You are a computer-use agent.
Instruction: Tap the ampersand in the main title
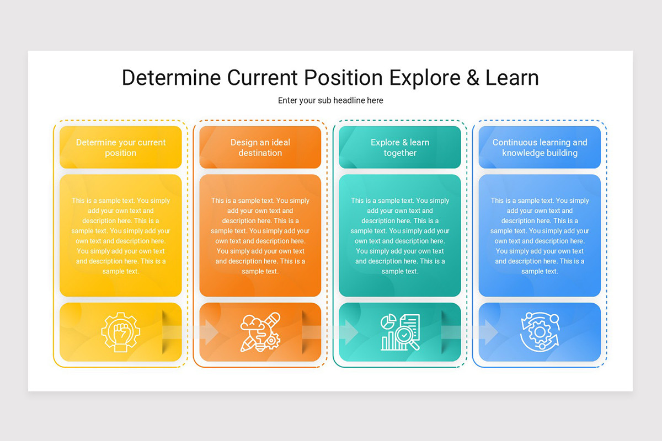(473, 78)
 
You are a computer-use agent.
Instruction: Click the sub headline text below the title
(330, 100)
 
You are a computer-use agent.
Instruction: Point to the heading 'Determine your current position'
(120, 148)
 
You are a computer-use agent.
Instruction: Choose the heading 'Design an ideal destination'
(260, 148)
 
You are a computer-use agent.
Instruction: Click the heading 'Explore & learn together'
(400, 148)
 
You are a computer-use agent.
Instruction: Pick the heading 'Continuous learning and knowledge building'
(540, 148)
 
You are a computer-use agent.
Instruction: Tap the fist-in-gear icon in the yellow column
(120, 332)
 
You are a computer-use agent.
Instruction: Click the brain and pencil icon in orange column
(260, 332)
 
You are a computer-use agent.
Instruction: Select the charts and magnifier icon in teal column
(400, 332)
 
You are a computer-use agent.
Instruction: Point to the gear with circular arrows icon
(540, 332)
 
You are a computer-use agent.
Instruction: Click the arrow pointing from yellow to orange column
(190, 332)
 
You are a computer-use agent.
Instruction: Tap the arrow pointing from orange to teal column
(330, 332)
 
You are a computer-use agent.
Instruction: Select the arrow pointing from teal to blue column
(470, 332)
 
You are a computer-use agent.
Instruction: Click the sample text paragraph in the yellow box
(120, 236)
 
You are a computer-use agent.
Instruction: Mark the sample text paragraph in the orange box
(260, 236)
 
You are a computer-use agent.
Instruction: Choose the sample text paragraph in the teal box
(400, 236)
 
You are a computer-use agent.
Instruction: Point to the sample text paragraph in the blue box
(540, 236)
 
